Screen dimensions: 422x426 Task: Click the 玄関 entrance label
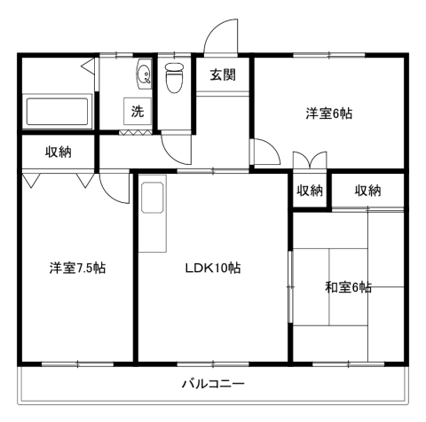223,75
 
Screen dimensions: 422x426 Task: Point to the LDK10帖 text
213,268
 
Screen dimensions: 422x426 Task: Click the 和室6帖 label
348,287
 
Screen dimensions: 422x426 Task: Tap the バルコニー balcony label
213,385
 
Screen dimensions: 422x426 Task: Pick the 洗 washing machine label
137,112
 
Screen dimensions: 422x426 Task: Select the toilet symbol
173,80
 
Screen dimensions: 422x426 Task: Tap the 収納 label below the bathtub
59,152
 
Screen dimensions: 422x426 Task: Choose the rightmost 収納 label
367,190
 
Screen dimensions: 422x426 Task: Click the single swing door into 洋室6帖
264,153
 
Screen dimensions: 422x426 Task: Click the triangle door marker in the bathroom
87,67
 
